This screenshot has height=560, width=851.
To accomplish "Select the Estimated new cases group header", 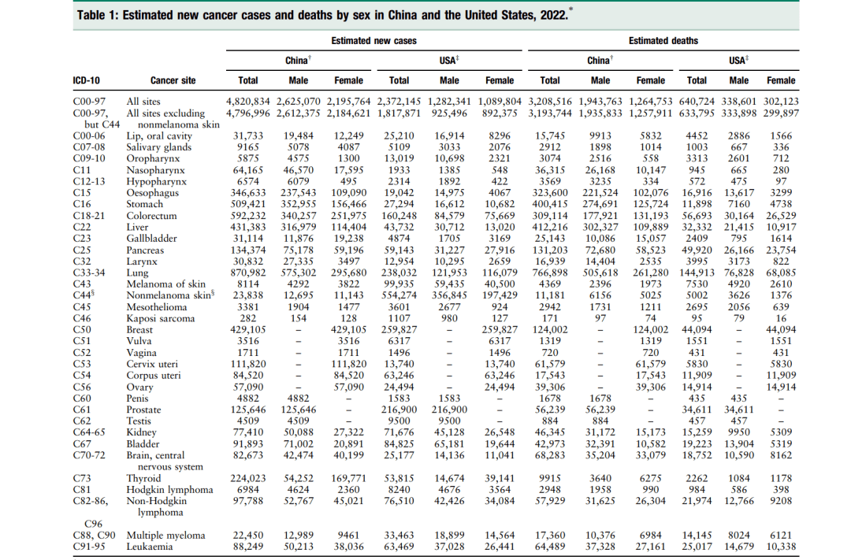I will tap(373, 40).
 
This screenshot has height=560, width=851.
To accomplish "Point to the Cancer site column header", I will tap(173, 80).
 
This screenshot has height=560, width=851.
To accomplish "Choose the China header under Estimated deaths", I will tap(599, 61).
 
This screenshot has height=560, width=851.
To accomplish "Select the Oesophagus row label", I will tap(151, 193).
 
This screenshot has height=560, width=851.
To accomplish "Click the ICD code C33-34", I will tap(88, 273).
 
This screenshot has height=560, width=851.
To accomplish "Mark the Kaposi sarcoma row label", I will tap(160, 318).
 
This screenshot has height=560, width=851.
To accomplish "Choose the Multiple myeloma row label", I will tap(165, 536).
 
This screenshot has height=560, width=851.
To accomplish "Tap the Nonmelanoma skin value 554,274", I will tap(399, 295).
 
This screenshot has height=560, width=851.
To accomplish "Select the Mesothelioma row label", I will tap(157, 307).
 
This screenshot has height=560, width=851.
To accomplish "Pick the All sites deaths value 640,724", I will tap(696, 102).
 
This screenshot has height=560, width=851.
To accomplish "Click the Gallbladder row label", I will tap(152, 239).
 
